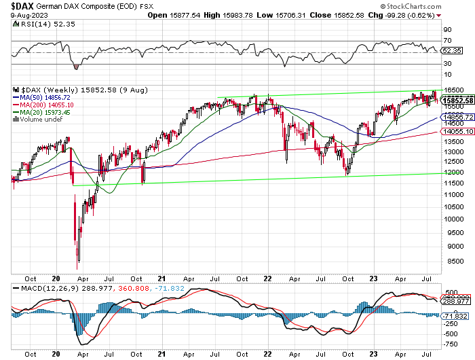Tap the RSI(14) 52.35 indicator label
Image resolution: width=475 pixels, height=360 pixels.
[x=37, y=23]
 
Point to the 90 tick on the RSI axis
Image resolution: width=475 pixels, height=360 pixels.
[x=447, y=31]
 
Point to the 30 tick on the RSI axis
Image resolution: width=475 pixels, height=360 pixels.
[x=447, y=63]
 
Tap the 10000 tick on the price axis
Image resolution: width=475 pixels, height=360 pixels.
[x=454, y=219]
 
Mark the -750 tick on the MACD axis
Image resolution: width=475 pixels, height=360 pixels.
[x=451, y=344]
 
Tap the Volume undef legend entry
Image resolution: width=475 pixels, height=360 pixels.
[x=39, y=120]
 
